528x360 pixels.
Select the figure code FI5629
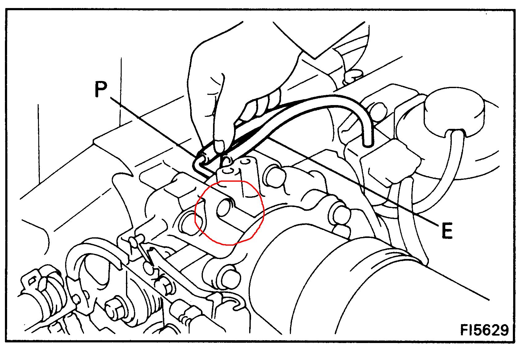click(484, 330)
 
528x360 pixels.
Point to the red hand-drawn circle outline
click(263, 210)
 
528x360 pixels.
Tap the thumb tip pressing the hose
click(220, 146)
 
